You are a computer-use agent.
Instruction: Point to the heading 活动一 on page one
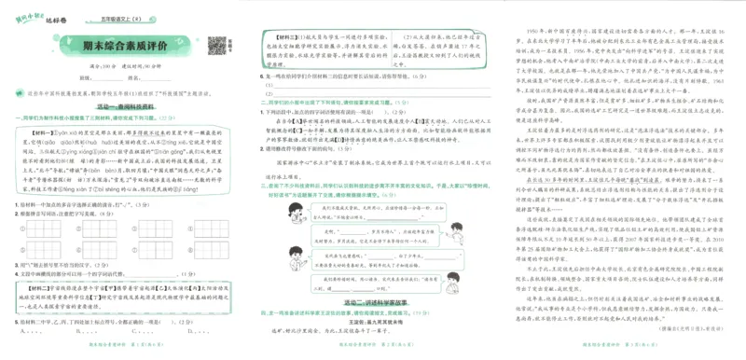pos(118,106)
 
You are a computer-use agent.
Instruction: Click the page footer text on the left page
pos(125,353)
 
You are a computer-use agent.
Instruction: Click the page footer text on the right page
pos(619,353)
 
